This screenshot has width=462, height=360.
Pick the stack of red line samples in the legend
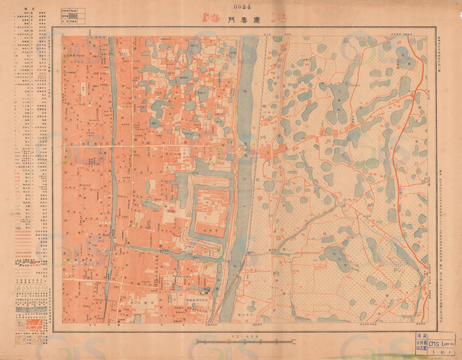pos(27,237)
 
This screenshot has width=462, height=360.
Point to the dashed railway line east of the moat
pos(263,87)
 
